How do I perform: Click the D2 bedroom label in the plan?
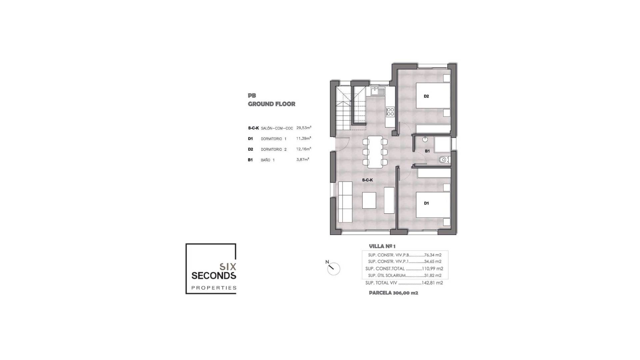coord(426,96)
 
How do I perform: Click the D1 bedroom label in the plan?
coord(426,203)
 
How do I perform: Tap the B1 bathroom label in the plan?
coord(427,151)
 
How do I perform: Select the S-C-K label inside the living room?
coord(367,180)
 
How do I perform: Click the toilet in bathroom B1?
coord(444,160)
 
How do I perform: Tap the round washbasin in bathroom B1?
coord(425,139)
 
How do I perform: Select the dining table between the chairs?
coord(375,152)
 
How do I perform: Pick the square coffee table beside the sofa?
coord(369,200)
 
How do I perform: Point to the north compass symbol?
coord(333,268)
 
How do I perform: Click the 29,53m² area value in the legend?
coord(304,128)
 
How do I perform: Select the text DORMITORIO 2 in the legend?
coord(274,149)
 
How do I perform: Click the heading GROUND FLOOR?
coord(271,104)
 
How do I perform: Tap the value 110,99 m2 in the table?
coord(433,269)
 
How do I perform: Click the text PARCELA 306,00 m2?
coord(393,293)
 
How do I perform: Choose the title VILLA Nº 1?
coord(382,246)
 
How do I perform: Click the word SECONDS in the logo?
coord(214,276)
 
